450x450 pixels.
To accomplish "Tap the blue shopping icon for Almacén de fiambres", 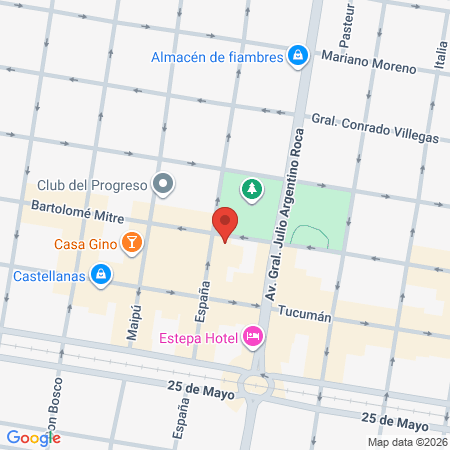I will click(x=297, y=56).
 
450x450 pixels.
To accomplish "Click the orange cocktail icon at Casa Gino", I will click(x=131, y=242).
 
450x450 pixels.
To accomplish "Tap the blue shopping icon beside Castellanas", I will click(x=100, y=273).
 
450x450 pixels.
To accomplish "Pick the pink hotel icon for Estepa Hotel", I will click(x=253, y=337).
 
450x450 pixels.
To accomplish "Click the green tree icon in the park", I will click(x=254, y=187).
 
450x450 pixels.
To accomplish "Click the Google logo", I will click(x=33, y=437).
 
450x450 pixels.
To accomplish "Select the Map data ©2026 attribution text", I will click(x=405, y=442).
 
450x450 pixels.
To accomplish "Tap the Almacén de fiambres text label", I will click(x=215, y=57).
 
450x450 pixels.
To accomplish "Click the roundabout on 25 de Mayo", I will click(x=257, y=385).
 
